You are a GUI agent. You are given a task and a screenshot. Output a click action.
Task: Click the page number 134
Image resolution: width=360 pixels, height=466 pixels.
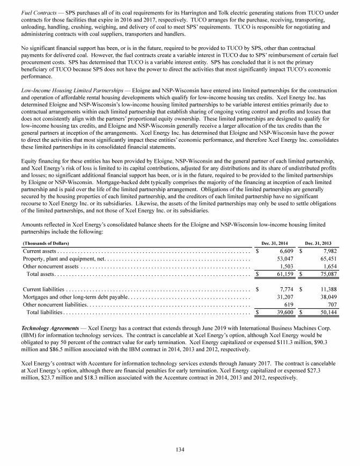(180, 449)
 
